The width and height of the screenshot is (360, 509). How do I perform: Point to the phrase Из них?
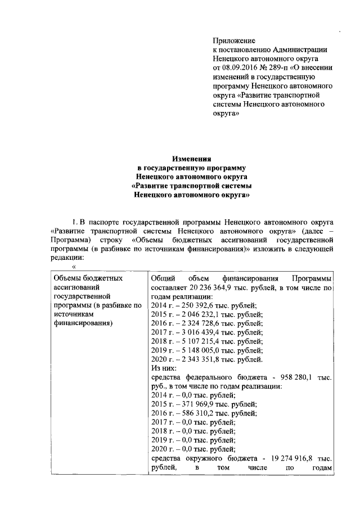[164, 369]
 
